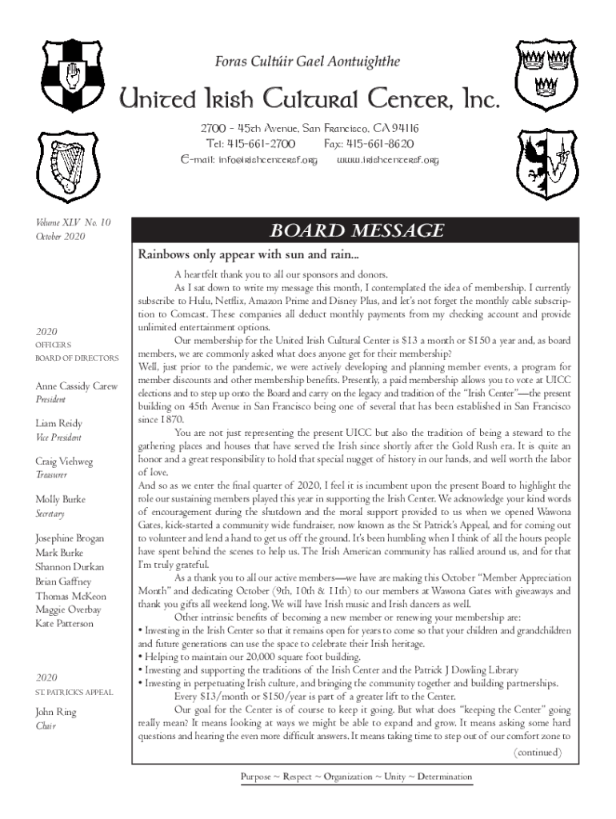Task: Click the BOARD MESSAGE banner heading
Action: tap(356, 231)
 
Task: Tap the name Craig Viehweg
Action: tap(64, 461)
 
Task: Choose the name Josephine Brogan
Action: tap(70, 538)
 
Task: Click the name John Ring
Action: tap(56, 712)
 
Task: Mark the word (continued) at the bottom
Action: tap(537, 753)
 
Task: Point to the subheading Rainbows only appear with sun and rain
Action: tap(249, 256)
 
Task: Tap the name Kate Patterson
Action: tap(64, 623)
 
